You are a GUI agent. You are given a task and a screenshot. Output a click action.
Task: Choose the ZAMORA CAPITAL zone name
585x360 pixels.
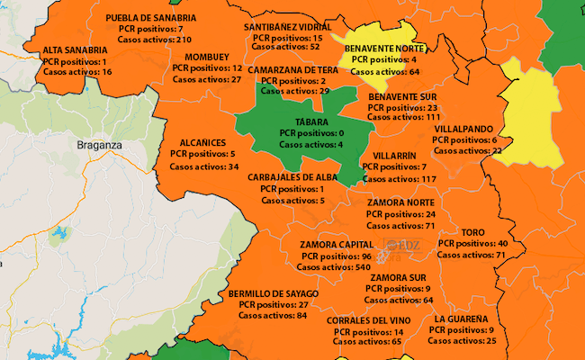338,245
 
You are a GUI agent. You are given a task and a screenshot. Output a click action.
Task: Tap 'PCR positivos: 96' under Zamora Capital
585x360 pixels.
340,256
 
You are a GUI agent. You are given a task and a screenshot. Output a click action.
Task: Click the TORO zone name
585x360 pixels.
473,232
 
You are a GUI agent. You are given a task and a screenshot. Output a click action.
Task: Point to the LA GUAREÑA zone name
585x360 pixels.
461,319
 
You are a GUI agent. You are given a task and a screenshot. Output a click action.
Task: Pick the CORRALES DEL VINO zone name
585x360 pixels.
369,320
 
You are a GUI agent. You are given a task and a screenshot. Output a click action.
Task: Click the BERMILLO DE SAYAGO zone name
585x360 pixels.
274,293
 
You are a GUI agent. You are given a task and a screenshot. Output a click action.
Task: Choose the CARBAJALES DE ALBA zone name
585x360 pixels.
294,177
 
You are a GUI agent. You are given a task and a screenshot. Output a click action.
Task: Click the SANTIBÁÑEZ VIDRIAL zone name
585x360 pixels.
287,27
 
